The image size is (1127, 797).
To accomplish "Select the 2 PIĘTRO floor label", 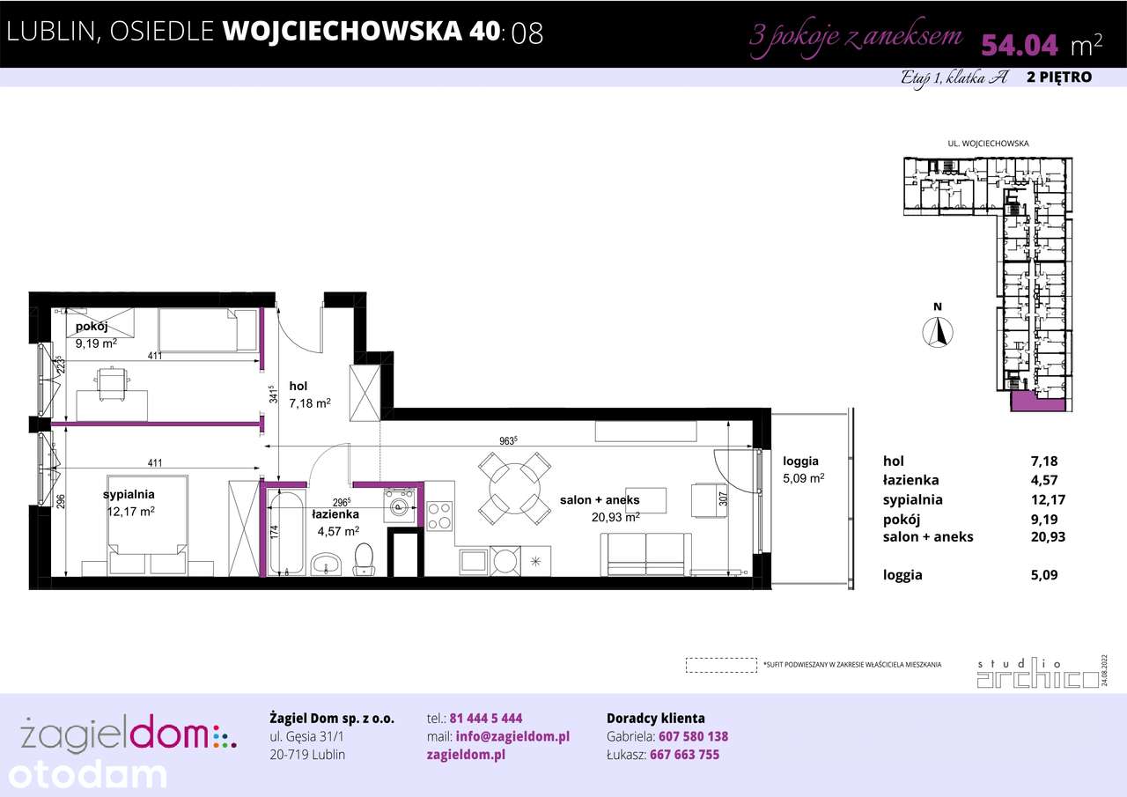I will tap(1059, 77).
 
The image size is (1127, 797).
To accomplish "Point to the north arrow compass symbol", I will tap(939, 332).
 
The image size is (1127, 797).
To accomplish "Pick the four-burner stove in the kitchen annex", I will tap(439, 513).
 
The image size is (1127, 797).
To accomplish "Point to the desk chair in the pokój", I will tap(111, 383).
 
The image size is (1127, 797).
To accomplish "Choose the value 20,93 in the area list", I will tap(1048, 536).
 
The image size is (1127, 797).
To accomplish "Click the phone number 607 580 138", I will tap(694, 736).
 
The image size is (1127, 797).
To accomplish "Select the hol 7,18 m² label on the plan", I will tap(309, 395).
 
